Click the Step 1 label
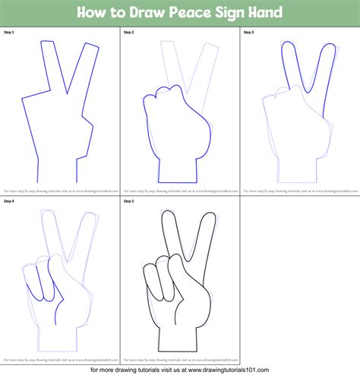coord(8,33)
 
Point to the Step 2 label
coord(128,33)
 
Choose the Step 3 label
coord(248,33)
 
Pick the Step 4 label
coord(8,201)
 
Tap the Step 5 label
coord(128,201)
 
